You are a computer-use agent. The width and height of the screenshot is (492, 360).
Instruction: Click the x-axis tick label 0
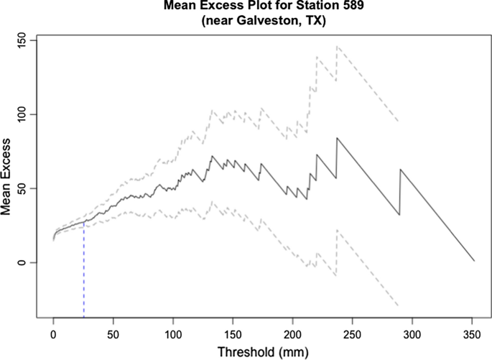coord(53,335)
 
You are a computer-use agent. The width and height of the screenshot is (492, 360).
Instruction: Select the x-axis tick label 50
coord(113,335)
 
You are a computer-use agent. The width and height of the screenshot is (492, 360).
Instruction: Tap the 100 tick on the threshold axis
coord(172,335)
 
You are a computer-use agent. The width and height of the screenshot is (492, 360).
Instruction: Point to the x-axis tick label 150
coord(232,335)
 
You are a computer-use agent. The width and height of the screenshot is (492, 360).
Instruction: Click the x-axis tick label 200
coord(292,335)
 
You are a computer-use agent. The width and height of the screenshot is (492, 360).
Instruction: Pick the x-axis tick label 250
coord(352,335)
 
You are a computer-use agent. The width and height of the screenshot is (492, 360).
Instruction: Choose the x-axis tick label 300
coord(412,335)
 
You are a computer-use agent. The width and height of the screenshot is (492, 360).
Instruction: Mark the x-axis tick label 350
coord(471,335)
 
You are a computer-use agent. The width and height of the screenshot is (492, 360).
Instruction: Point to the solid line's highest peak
coord(337,138)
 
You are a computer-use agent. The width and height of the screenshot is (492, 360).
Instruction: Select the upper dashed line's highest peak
coord(337,47)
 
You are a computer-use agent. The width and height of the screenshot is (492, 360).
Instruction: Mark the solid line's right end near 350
coord(474,260)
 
